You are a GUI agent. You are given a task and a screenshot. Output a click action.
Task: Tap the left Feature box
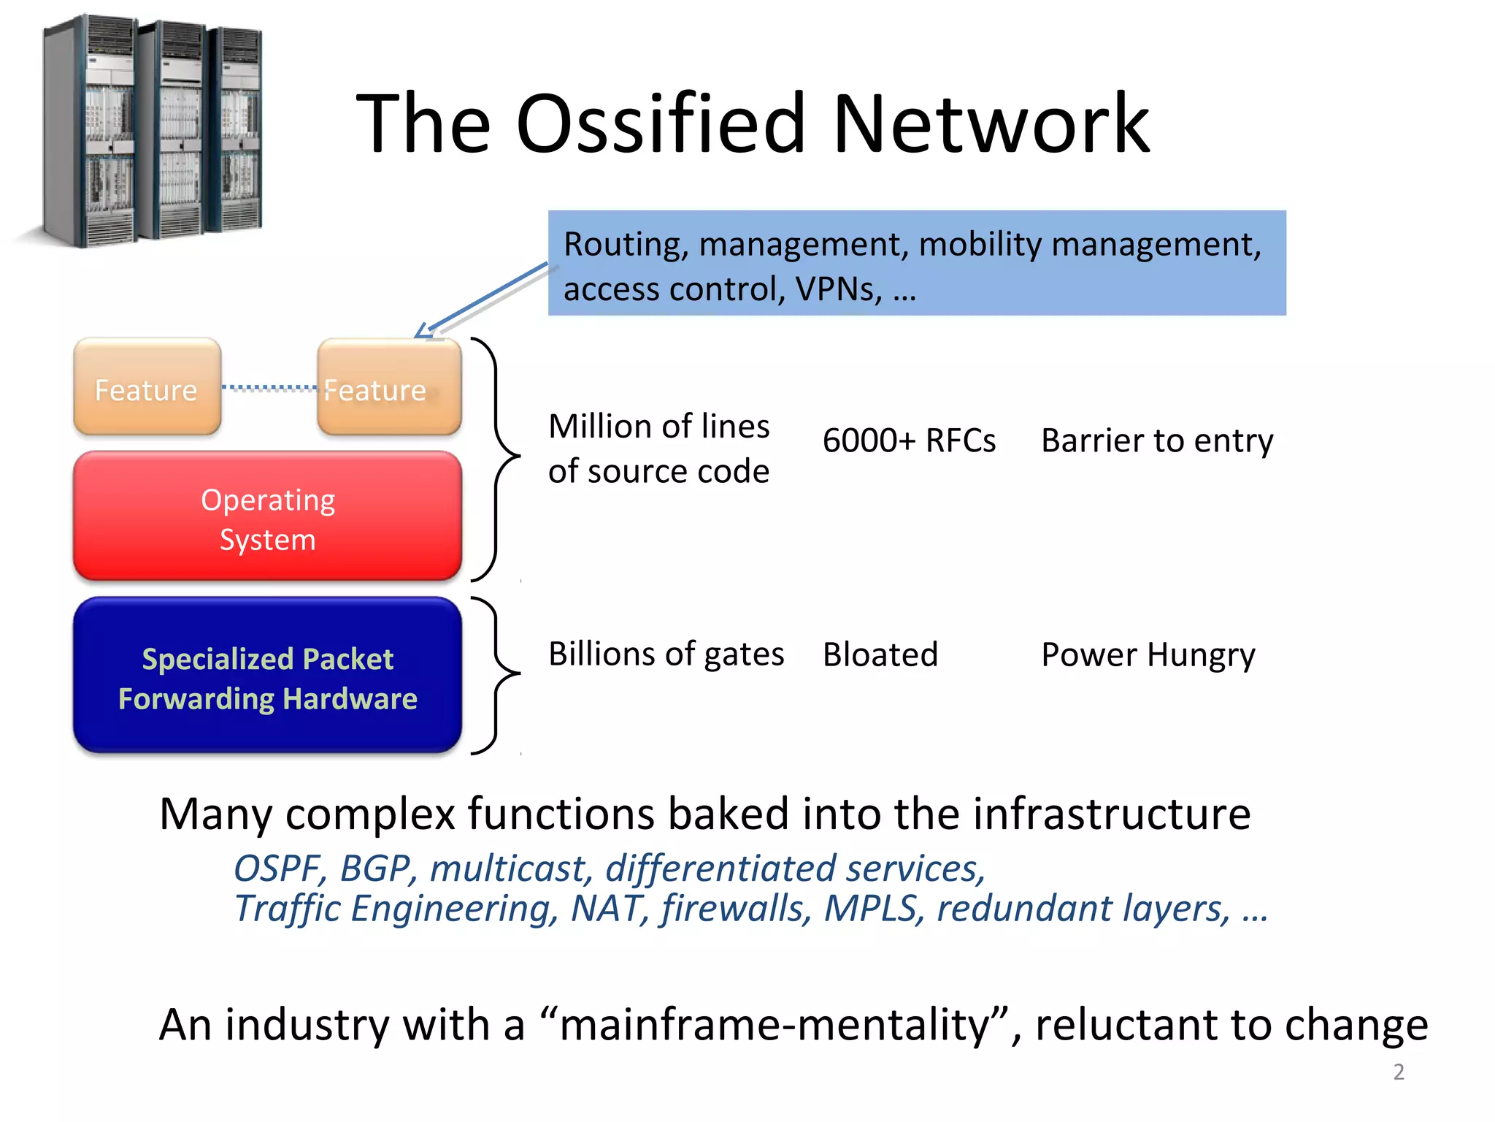click(x=147, y=387)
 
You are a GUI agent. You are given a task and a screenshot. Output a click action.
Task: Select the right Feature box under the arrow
click(x=389, y=387)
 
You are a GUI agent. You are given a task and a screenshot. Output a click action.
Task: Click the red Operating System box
click(x=267, y=517)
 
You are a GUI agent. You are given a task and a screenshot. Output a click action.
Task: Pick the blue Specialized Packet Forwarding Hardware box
click(x=267, y=676)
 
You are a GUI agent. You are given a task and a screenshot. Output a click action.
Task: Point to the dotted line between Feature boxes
click(x=269, y=388)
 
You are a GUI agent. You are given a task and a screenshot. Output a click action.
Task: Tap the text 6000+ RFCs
click(x=909, y=440)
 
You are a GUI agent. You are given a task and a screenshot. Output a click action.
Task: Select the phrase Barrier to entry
click(x=1156, y=440)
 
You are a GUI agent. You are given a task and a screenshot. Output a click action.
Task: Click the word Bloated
click(x=880, y=654)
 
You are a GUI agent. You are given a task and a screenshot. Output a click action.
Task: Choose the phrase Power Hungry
click(x=1148, y=654)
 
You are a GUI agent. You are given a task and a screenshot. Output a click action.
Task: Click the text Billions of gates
click(x=666, y=654)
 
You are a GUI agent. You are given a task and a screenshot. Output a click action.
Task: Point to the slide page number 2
click(x=1398, y=1072)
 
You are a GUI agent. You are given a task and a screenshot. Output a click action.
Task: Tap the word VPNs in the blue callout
click(x=839, y=289)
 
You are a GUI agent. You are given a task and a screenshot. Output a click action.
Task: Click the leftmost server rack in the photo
click(x=88, y=131)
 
